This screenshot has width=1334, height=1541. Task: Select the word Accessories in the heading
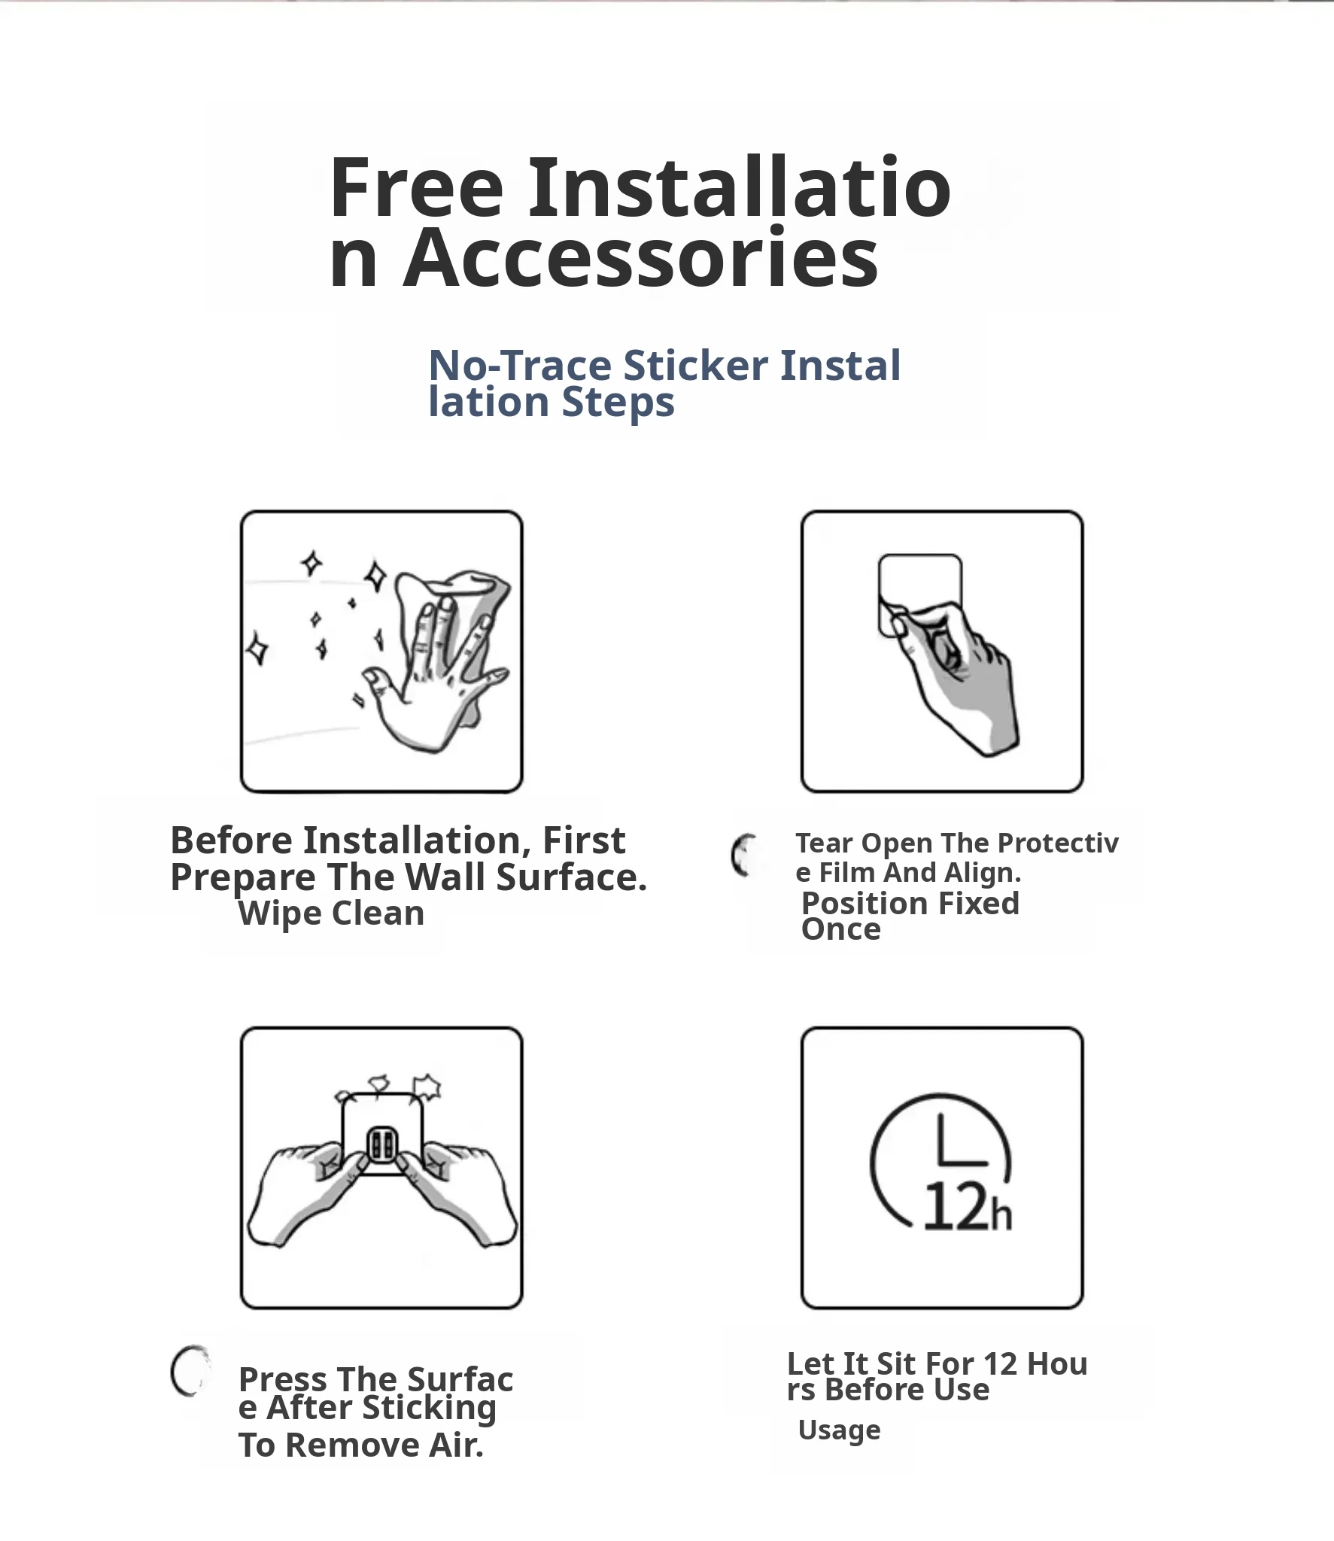[641, 258]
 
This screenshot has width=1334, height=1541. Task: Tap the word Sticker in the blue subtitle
[696, 366]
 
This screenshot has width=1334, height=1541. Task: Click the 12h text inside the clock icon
[968, 1207]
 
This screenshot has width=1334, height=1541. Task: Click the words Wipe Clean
[331, 913]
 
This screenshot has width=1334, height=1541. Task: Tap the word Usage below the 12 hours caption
[839, 1430]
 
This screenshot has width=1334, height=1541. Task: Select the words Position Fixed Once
[910, 916]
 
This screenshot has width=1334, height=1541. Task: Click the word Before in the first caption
[231, 840]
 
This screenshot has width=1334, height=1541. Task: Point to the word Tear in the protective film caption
[824, 843]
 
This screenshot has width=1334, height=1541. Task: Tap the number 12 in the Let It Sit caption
[1000, 1363]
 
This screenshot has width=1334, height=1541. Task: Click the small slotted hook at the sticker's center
[381, 1145]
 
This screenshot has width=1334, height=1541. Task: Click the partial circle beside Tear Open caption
[742, 856]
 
